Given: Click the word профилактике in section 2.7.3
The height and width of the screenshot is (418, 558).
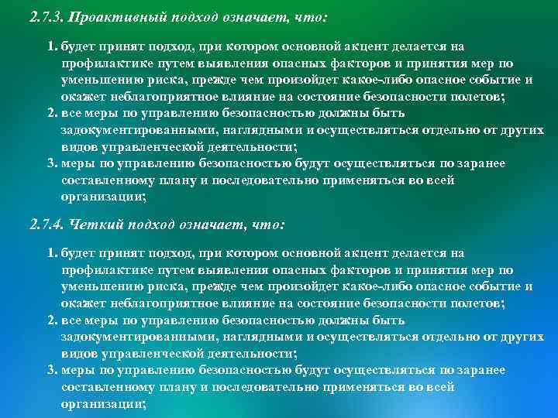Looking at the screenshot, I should click(x=98, y=63).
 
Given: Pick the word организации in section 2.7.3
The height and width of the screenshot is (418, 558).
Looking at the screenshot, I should click(x=101, y=197).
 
